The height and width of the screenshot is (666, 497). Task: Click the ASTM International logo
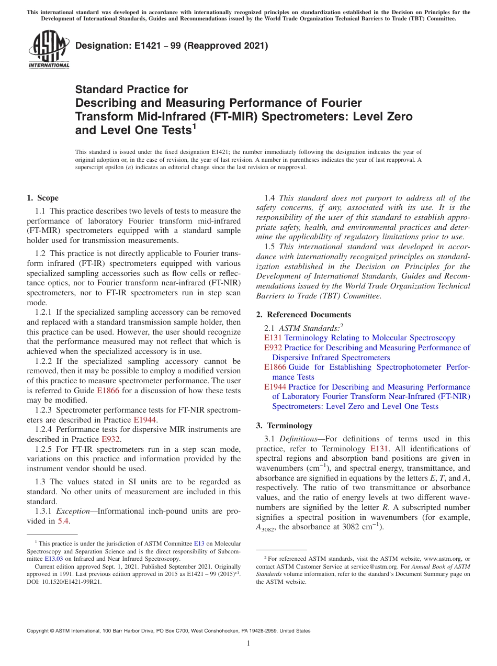[48, 50]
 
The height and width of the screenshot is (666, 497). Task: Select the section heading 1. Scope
[43, 198]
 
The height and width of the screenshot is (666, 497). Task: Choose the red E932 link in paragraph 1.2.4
[110, 439]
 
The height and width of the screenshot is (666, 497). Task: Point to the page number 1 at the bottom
[249, 643]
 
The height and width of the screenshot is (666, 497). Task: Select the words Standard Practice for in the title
[131, 90]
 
